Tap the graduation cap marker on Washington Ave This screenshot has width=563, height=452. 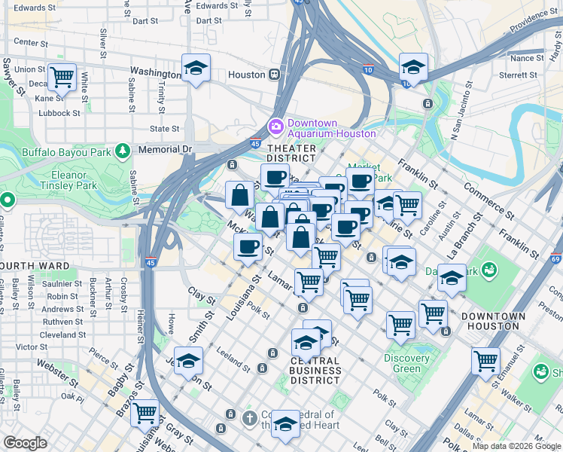coord(196,69)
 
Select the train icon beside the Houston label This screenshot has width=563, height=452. coord(275,75)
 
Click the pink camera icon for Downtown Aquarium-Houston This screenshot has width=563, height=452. coord(275,126)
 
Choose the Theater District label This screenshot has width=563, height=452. coord(291,153)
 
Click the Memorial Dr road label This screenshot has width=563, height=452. coord(166,150)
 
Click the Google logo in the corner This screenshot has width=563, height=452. coord(26,443)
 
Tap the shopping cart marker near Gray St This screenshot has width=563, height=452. coord(145,413)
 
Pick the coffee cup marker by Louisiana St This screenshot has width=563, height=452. coord(248,246)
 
